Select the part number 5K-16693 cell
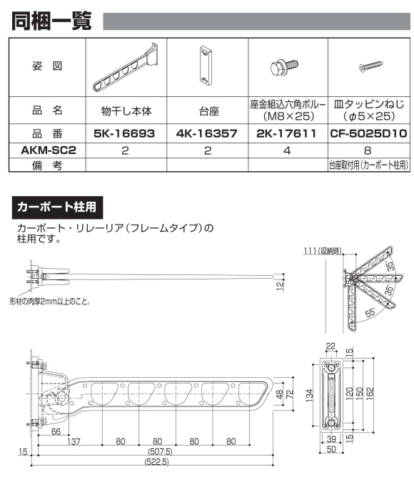pos(125,133)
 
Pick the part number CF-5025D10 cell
pos(368,133)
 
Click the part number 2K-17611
pos(287,133)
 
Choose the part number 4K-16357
pos(206,133)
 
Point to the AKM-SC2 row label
pos(46,150)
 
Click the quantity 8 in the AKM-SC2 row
pos(368,150)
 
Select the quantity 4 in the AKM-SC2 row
pos(287,150)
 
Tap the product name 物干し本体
pos(125,111)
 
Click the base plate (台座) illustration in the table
pos(206,66)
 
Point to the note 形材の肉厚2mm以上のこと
pos(50,301)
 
